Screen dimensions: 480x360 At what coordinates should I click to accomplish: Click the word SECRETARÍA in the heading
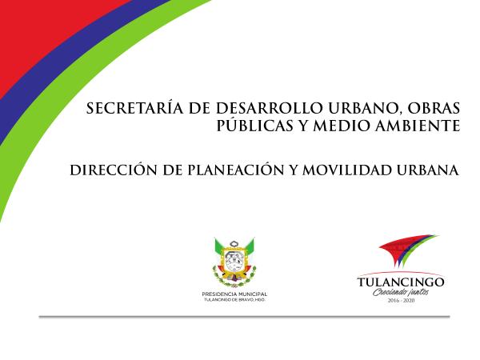pos(134,108)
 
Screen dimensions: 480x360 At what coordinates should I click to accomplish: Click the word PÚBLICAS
pos(255,126)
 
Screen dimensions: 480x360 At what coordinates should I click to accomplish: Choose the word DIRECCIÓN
pos(114,170)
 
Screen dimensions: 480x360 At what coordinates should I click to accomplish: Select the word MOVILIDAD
pos(347,170)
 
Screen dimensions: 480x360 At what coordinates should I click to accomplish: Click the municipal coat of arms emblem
pos(234,263)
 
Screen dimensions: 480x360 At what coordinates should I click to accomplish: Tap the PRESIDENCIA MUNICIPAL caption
pos(234,294)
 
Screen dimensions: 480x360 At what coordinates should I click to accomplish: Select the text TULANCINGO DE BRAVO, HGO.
pos(234,300)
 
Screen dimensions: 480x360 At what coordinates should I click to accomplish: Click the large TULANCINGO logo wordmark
pos(401,282)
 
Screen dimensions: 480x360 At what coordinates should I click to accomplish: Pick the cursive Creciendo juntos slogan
pos(401,292)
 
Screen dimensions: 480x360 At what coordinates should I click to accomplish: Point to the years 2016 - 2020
pos(401,301)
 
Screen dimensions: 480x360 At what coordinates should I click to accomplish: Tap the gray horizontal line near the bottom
pos(244,317)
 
